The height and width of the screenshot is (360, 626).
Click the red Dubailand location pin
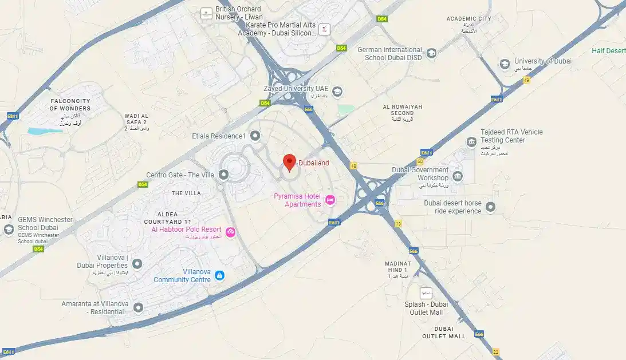point(289,162)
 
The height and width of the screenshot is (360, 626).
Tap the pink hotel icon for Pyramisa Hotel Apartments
point(330,200)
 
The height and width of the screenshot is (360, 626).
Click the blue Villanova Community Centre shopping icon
point(219,276)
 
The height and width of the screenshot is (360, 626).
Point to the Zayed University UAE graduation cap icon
point(338,91)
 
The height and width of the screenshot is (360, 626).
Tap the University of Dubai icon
point(505,64)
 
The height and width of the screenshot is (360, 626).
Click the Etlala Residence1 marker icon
point(255,136)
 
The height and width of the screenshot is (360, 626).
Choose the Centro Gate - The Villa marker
point(224,175)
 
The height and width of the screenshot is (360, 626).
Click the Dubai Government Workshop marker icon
point(458,176)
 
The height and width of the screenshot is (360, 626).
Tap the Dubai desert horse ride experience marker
point(491,207)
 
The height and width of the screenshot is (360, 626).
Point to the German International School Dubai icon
point(431,53)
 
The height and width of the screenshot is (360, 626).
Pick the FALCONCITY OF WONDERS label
point(70,104)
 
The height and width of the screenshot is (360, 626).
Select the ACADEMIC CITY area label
point(469,19)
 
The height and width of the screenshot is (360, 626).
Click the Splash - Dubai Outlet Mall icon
point(426,293)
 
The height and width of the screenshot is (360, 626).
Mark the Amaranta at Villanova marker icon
point(138,308)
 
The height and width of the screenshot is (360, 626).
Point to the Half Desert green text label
point(609,51)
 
